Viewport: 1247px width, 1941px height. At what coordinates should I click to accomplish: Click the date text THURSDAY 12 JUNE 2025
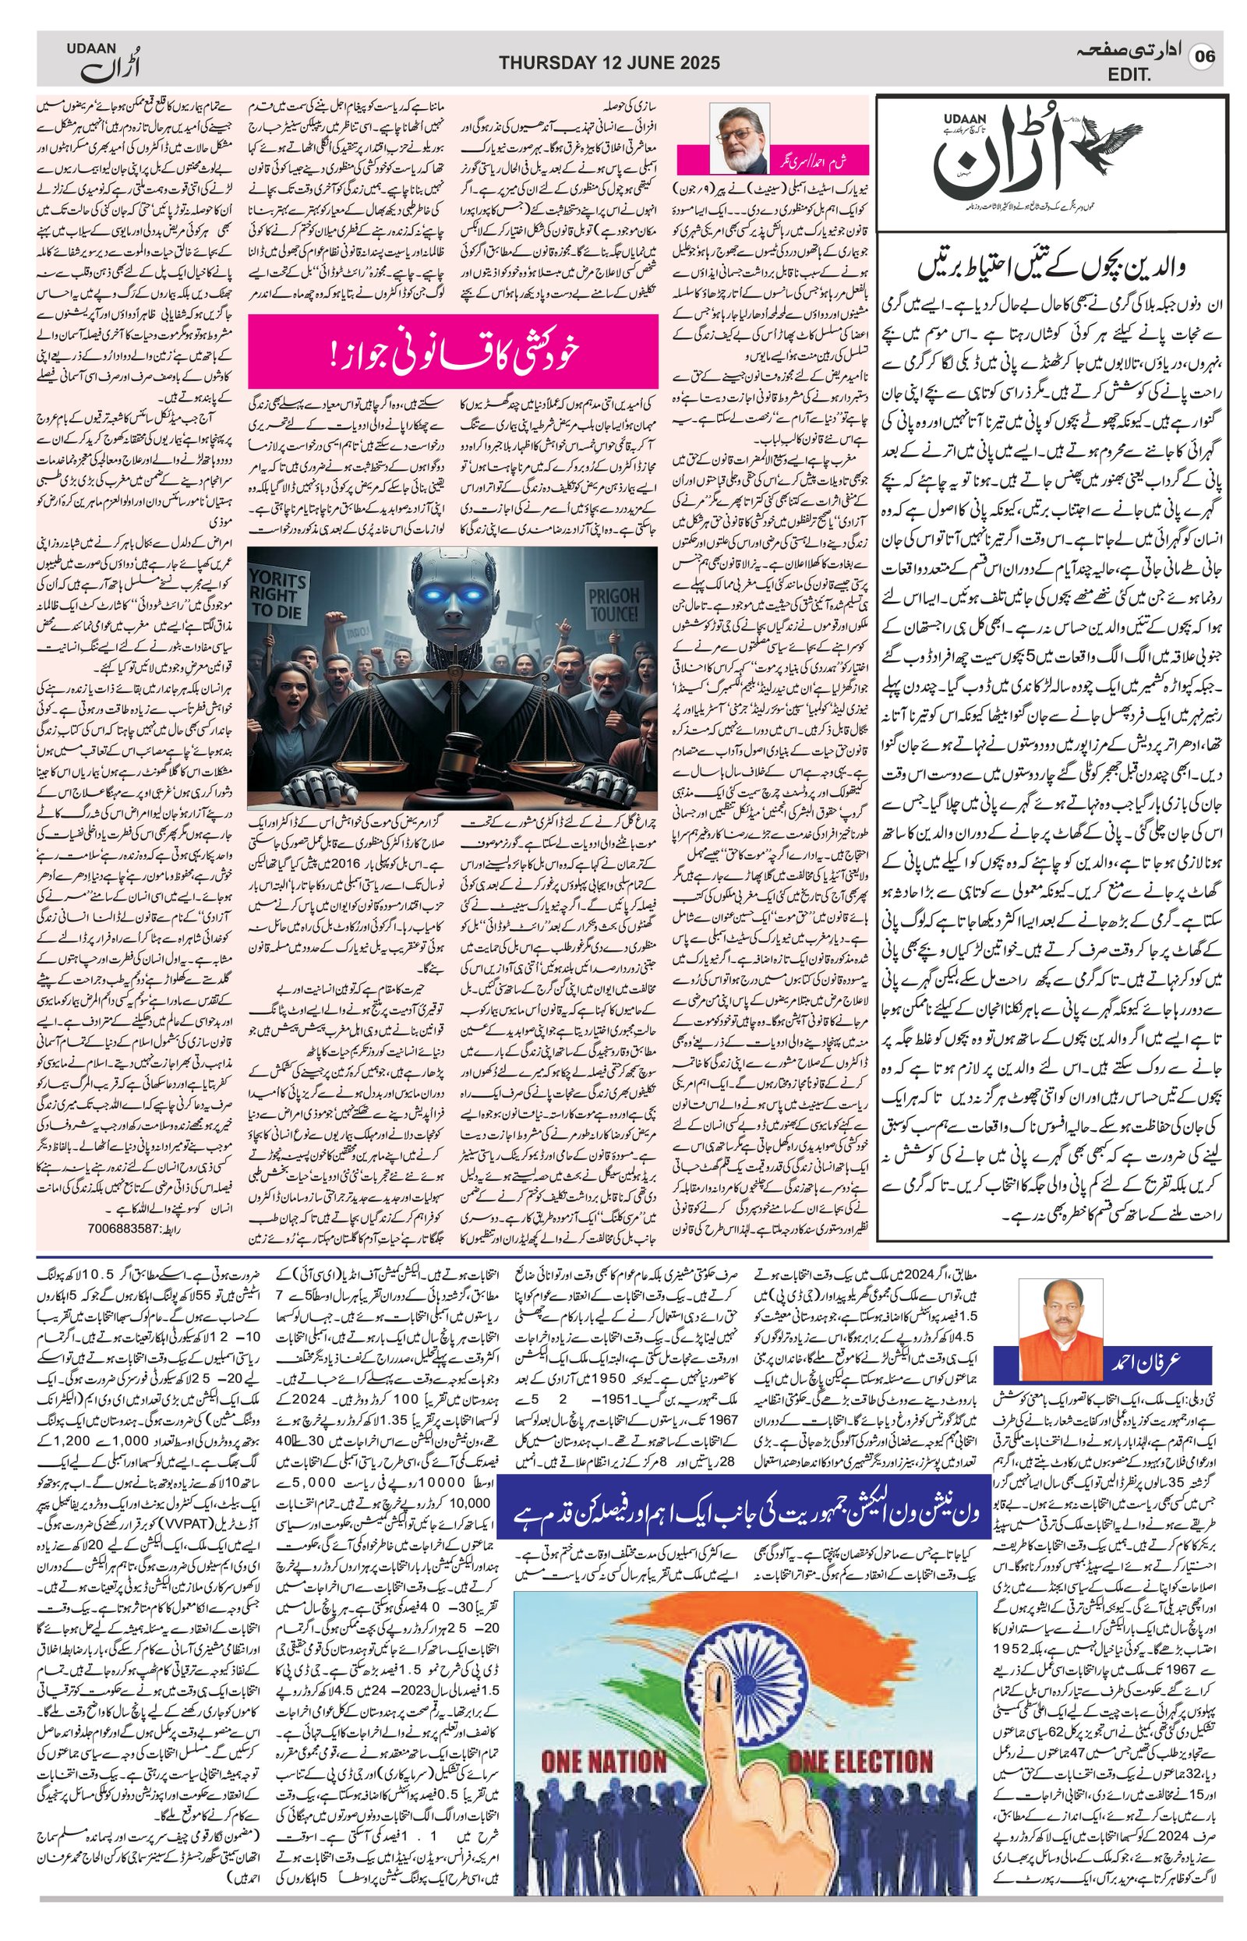pyautogui.click(x=609, y=63)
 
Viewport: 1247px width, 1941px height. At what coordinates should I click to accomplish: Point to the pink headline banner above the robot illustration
pyautogui.click(x=453, y=352)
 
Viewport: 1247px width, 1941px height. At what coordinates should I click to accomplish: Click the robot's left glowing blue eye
pyautogui.click(x=422, y=597)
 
